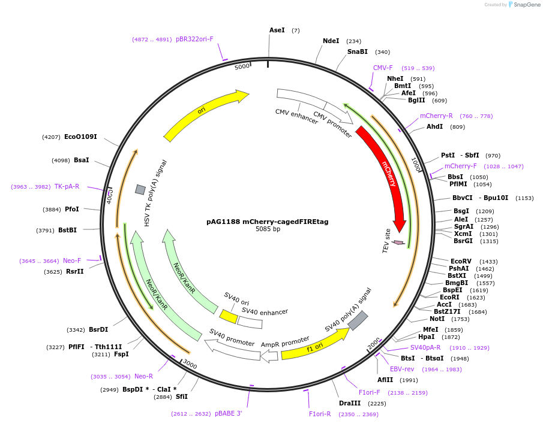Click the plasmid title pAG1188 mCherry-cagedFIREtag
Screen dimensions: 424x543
267,221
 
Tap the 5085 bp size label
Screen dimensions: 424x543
268,229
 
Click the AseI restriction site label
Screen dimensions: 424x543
277,30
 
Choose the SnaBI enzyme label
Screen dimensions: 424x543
358,52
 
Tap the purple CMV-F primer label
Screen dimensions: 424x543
383,68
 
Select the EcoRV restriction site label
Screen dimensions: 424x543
461,261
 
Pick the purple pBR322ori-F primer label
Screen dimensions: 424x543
194,40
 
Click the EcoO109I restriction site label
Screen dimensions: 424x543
80,137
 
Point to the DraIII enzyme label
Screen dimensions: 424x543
349,404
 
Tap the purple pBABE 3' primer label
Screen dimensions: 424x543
229,413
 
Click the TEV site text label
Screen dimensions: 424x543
387,240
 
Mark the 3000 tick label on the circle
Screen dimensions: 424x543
190,364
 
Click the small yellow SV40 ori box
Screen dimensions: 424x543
228,316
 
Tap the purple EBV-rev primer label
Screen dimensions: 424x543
402,369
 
